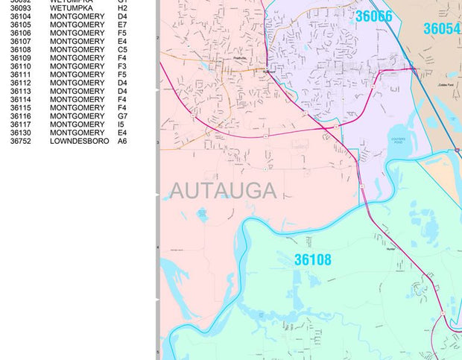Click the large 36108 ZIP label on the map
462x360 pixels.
pos(312,260)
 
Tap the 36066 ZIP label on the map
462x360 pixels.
pos(373,16)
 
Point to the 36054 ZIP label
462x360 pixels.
pos(442,29)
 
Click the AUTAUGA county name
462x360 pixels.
pos(222,191)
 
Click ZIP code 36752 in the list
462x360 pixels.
pos(21,141)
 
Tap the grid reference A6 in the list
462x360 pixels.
pos(122,141)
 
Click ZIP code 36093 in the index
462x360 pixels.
pos(21,8)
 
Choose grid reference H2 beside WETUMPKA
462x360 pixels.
pos(122,8)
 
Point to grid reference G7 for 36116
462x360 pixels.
pos(122,116)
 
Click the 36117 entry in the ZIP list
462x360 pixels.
pos(21,124)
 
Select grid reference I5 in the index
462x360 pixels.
pos(121,124)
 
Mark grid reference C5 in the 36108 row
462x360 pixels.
pos(122,50)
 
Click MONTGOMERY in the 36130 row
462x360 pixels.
pos(77,133)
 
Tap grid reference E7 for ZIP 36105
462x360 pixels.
pos(122,25)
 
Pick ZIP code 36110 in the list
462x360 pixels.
pos(21,66)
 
